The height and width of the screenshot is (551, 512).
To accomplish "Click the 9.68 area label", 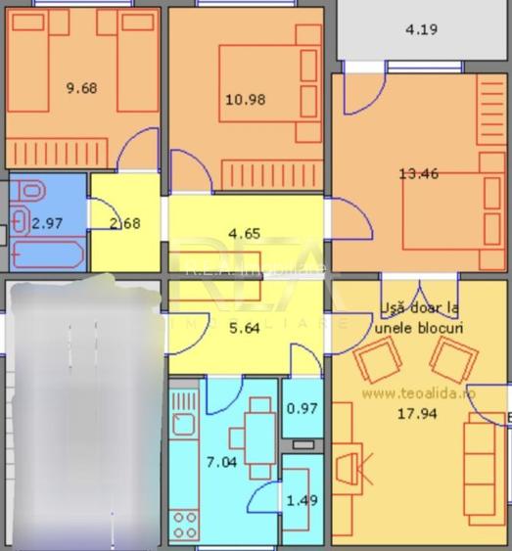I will (81, 88).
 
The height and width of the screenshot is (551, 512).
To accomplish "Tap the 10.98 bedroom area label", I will (245, 99).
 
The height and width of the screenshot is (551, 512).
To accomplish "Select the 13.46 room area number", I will (418, 174).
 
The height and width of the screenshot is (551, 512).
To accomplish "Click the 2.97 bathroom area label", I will (47, 223).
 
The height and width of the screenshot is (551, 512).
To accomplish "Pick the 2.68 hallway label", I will (124, 223).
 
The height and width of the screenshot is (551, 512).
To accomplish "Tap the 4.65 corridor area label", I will (244, 233).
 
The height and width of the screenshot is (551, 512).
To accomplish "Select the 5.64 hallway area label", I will (244, 328).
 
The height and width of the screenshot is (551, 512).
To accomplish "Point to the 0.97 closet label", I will (301, 408).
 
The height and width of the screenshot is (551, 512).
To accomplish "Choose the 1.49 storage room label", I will (301, 501).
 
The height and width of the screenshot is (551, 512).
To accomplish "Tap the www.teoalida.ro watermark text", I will (418, 391).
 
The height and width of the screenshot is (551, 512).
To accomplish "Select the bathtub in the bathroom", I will (49, 254).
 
